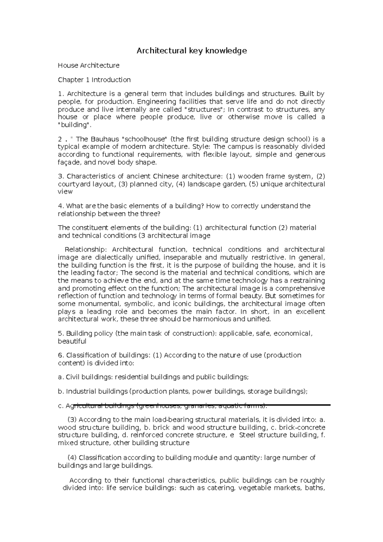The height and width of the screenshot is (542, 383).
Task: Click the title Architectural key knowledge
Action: pyautogui.click(x=191, y=50)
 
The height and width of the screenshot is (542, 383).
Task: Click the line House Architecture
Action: pyautogui.click(x=88, y=65)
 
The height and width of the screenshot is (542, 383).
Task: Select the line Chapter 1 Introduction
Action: pyautogui.click(x=94, y=79)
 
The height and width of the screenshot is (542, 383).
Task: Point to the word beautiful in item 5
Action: pyautogui.click(x=72, y=341)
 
